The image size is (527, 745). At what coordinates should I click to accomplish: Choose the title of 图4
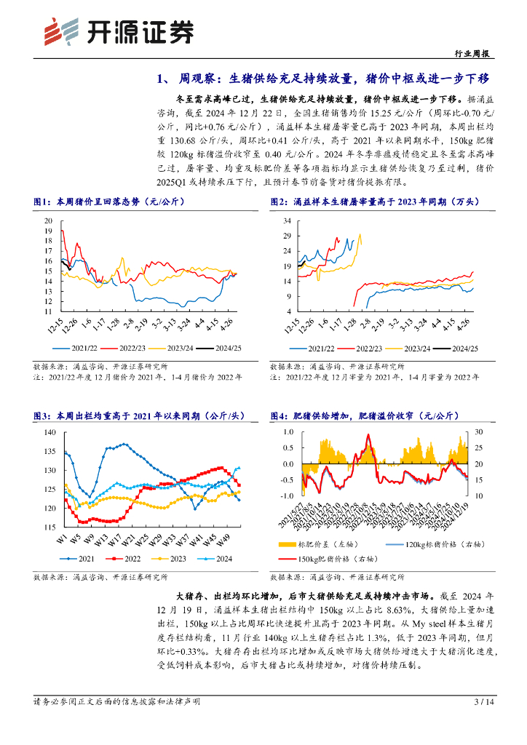point(362,415)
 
